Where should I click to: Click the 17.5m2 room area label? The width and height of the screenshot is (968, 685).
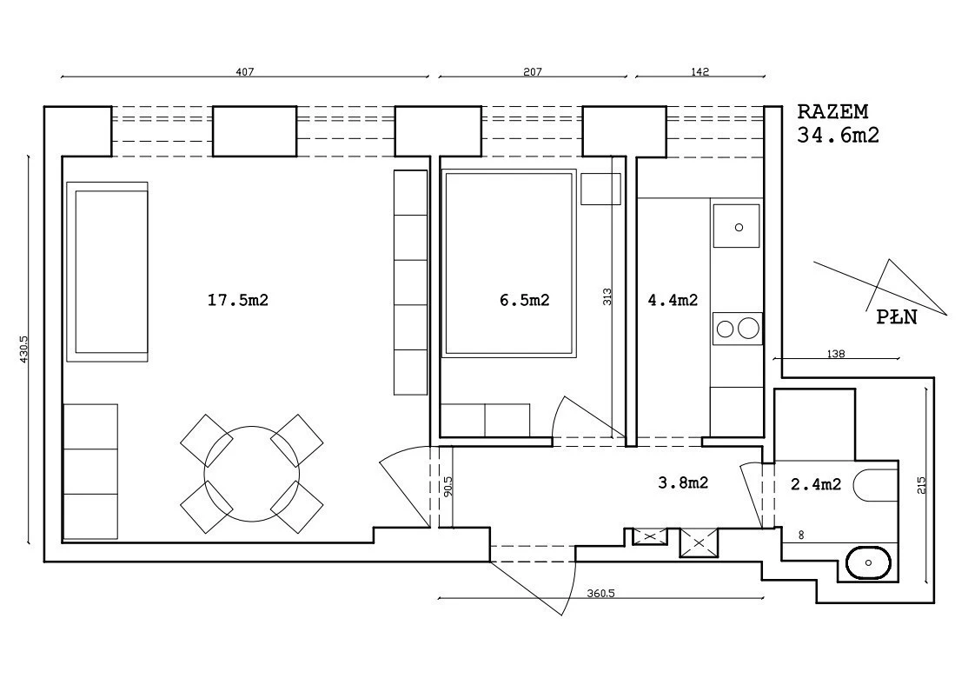(x=238, y=300)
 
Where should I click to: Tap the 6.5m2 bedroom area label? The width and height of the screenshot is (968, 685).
(x=524, y=300)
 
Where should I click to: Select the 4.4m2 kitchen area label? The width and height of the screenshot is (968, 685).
(x=673, y=300)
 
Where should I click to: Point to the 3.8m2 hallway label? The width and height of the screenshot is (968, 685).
(x=683, y=482)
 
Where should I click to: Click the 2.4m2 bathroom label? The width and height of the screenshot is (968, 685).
(x=816, y=484)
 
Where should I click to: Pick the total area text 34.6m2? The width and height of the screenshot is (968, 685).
(x=838, y=135)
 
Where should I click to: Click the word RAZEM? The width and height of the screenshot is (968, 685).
(x=832, y=112)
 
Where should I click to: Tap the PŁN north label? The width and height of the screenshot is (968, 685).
(x=897, y=317)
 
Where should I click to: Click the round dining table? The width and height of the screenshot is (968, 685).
(x=252, y=474)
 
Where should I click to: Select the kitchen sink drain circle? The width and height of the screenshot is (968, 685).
(x=739, y=227)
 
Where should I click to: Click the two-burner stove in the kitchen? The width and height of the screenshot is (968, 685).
(x=737, y=329)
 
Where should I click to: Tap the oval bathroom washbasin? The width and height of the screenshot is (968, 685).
(x=869, y=562)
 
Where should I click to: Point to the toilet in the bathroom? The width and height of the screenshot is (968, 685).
(x=875, y=485)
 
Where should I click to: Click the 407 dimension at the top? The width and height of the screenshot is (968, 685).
(x=245, y=71)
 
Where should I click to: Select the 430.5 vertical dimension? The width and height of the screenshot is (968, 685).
(x=24, y=349)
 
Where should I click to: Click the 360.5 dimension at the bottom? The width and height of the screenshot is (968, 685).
(x=600, y=594)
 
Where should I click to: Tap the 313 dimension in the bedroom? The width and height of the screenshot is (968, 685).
(x=607, y=296)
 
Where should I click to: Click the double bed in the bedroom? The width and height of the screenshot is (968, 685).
(x=508, y=263)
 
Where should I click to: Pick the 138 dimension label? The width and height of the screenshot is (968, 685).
(x=835, y=354)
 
